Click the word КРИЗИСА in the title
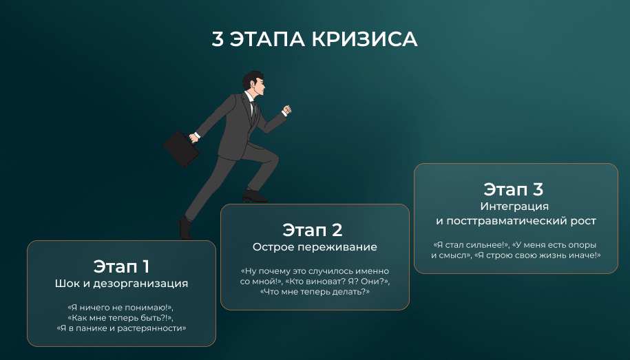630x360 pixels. click(365, 39)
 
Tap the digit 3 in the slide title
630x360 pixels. click(218, 39)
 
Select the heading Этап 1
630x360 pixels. click(121, 266)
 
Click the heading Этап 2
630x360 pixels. click(312, 230)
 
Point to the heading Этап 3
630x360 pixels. click(513, 189)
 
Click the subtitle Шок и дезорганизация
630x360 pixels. click(121, 284)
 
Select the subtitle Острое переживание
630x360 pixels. click(315, 247)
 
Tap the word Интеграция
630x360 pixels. click(514, 207)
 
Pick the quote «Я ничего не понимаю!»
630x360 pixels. click(120, 308)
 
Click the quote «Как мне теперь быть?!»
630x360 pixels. click(120, 318)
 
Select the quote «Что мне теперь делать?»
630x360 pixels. click(315, 292)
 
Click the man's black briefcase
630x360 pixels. click(181, 149)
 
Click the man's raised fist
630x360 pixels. click(286, 109)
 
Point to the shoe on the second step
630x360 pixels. click(255, 196)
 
